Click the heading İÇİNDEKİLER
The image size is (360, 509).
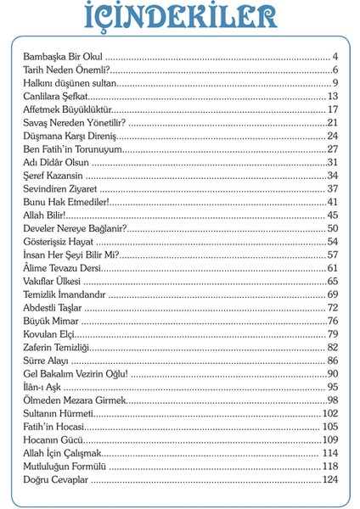(181, 20)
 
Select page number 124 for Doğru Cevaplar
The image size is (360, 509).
(329, 480)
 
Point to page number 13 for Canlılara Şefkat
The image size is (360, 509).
(333, 97)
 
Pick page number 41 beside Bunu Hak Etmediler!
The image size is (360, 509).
(333, 202)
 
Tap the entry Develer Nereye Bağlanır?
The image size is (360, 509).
(75, 229)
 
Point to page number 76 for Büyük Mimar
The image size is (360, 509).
(333, 321)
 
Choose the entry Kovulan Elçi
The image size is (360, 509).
(52, 334)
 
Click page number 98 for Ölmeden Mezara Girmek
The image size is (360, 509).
(333, 400)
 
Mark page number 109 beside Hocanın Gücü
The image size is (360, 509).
(329, 440)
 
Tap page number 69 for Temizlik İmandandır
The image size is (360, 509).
(333, 294)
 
